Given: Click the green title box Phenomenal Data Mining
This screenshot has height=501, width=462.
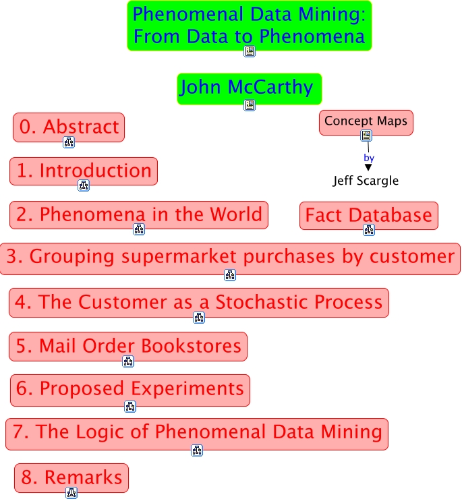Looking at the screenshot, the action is click(x=249, y=24).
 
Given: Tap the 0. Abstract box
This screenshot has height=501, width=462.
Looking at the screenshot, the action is click(x=69, y=127).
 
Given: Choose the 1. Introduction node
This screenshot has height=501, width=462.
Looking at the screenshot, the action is click(x=84, y=171).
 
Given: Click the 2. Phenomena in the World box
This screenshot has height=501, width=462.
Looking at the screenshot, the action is click(x=139, y=214).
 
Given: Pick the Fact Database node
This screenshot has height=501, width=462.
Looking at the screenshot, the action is click(x=368, y=216).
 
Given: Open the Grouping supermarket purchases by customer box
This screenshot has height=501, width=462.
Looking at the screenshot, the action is click(x=230, y=258).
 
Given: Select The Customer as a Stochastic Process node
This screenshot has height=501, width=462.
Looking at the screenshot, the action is click(x=198, y=302).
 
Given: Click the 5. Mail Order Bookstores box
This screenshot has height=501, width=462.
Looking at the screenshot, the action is click(x=128, y=347).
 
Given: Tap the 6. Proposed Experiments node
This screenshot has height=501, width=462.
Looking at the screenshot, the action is click(x=129, y=390).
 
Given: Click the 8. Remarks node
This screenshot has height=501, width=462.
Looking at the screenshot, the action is click(x=71, y=478).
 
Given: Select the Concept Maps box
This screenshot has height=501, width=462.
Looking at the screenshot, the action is click(x=366, y=122).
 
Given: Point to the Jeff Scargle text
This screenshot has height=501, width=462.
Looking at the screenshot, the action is click(x=366, y=181).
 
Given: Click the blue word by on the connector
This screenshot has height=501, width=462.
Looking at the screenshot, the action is click(x=369, y=158).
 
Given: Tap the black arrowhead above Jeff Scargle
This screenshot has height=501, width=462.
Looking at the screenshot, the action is click(x=368, y=167).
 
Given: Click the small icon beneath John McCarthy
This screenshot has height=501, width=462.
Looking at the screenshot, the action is click(x=250, y=105).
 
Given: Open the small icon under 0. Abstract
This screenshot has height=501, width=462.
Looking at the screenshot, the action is click(x=69, y=142).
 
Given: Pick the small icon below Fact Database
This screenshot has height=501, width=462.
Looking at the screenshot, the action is click(x=368, y=230).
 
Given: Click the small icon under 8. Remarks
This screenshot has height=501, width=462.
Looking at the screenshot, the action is click(x=71, y=493).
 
